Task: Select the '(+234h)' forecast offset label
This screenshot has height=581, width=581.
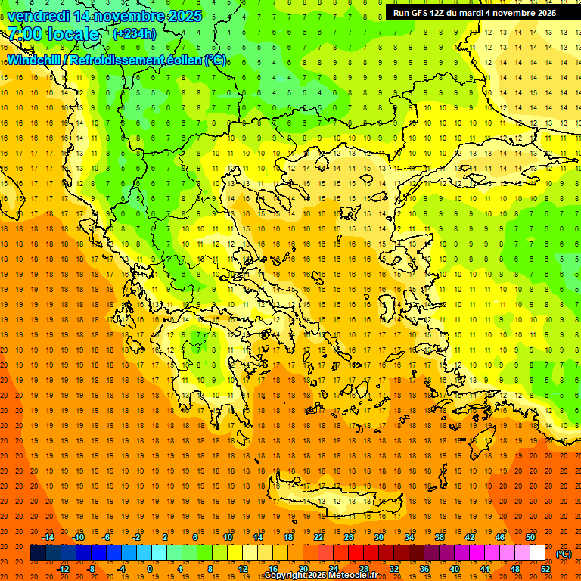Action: (x=135, y=33)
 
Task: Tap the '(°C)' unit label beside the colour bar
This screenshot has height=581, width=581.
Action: (x=564, y=554)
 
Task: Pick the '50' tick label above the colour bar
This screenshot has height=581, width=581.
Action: (x=530, y=537)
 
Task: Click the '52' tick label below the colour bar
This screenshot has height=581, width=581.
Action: (x=545, y=569)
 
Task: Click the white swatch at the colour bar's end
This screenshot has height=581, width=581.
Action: (x=537, y=553)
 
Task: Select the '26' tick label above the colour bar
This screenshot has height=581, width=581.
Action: (x=349, y=537)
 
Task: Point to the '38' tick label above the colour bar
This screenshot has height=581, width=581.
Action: (x=440, y=537)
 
